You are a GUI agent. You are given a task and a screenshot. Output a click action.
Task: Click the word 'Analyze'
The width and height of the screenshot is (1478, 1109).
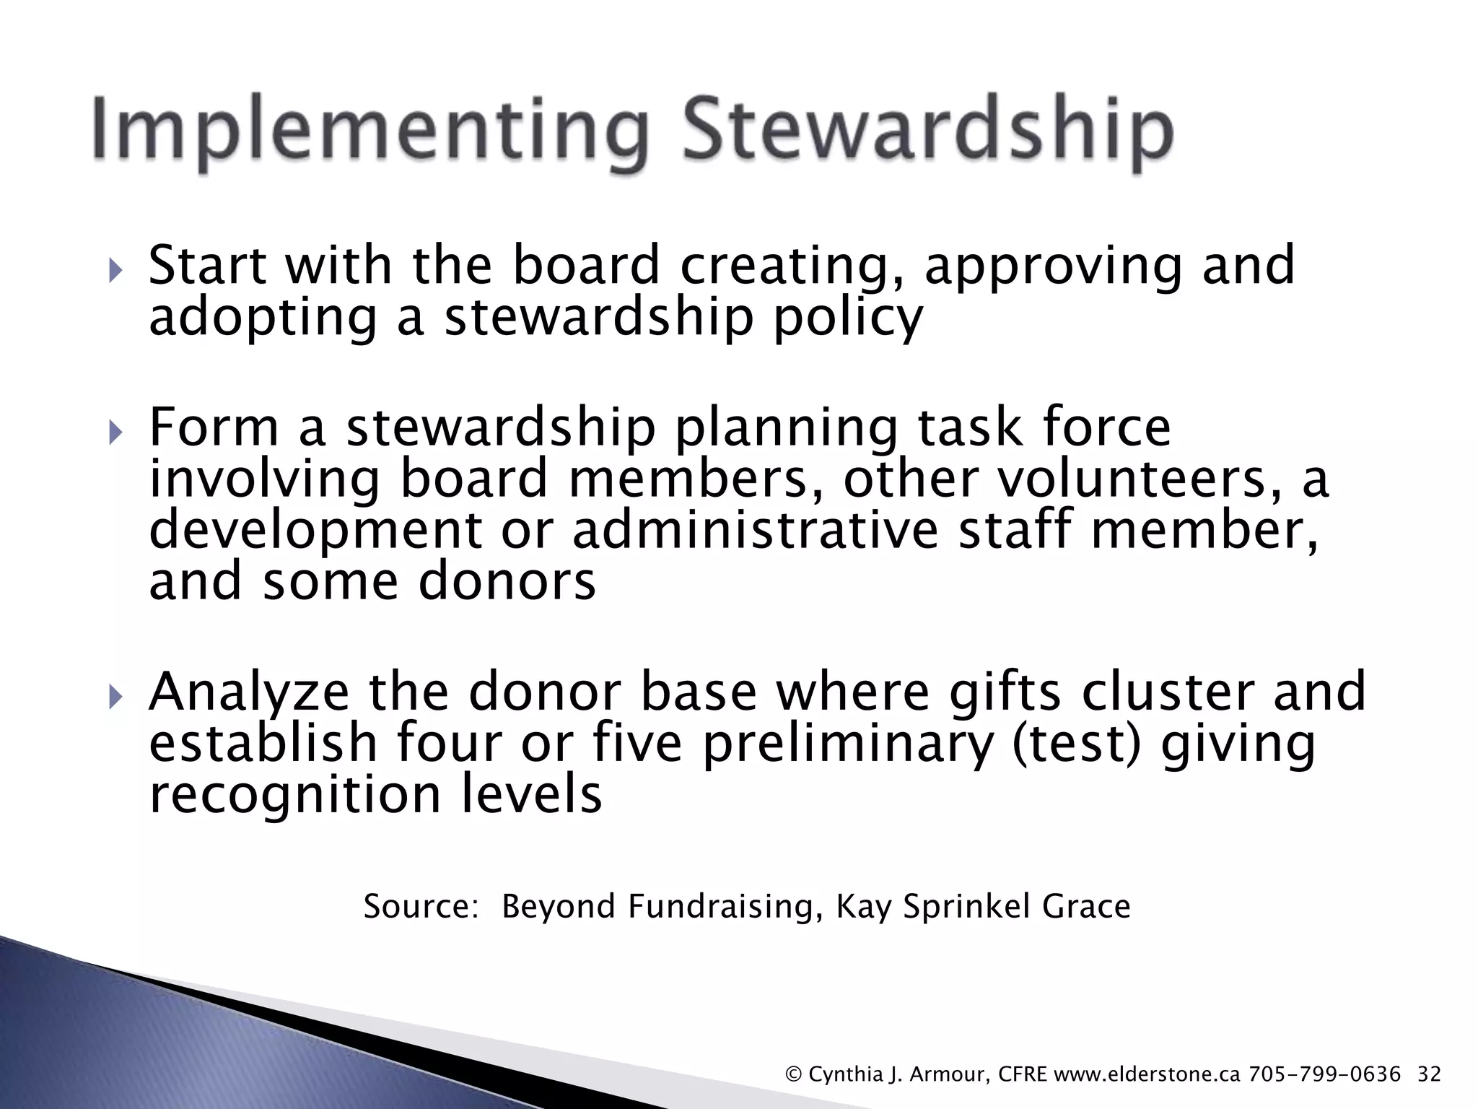point(249,692)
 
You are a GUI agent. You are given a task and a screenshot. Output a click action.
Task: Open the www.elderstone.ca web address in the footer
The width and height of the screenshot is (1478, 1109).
point(1147,1074)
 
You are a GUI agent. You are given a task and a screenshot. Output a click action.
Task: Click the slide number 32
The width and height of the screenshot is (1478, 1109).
point(1429,1074)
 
